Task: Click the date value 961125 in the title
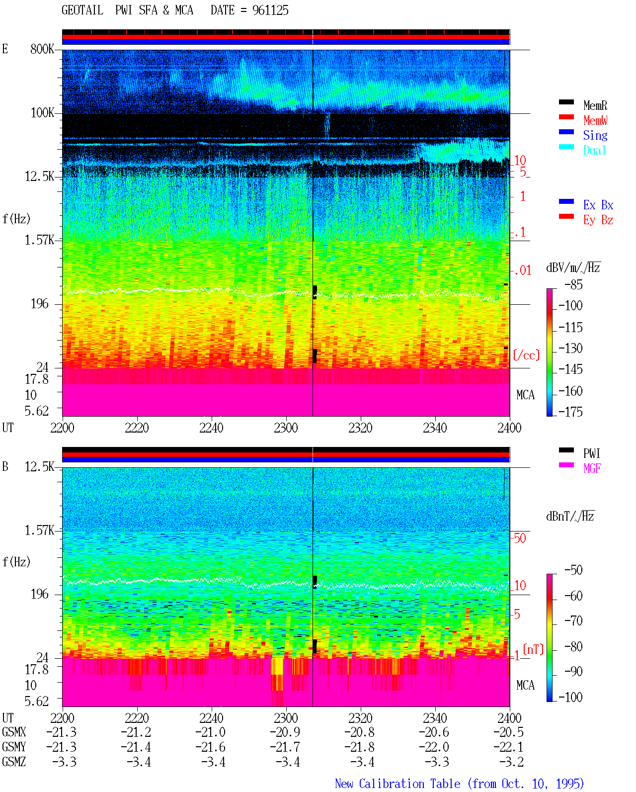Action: pyautogui.click(x=270, y=10)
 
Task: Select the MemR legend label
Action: pyautogui.click(x=595, y=105)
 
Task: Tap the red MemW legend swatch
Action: pyautogui.click(x=566, y=117)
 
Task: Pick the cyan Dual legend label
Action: pyautogui.click(x=594, y=150)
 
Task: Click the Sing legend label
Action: pyautogui.click(x=595, y=135)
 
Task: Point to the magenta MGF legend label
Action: pyautogui.click(x=592, y=468)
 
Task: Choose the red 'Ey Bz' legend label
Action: pyautogui.click(x=598, y=220)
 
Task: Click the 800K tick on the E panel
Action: pyautogui.click(x=42, y=49)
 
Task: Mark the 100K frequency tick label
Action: pyautogui.click(x=42, y=113)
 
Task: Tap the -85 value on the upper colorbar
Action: pyautogui.click(x=573, y=284)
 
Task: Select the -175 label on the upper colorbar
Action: pyautogui.click(x=570, y=412)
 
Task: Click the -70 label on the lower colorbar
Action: pyautogui.click(x=573, y=620)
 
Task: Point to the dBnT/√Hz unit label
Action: pyautogui.click(x=570, y=516)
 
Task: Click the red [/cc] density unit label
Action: pyautogui.click(x=526, y=355)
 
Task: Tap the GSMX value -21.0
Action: pyautogui.click(x=211, y=732)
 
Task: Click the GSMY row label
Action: pyautogui.click(x=14, y=747)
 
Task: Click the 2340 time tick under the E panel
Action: pyautogui.click(x=435, y=428)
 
